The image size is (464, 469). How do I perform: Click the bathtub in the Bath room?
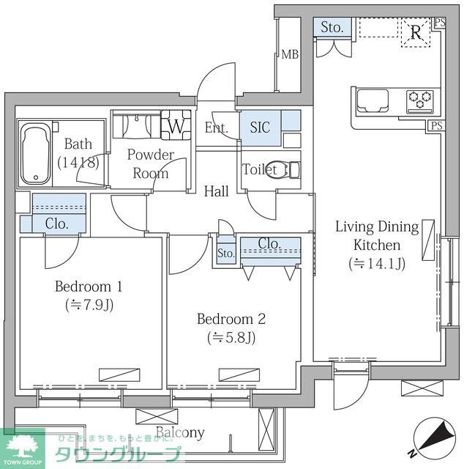[36, 154]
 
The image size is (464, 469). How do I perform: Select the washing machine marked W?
[176, 125]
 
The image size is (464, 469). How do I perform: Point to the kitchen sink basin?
[373, 100]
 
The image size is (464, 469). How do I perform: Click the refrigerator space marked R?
[416, 32]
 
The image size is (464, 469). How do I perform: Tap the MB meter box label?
[290, 54]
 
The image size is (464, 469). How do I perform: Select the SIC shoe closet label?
[260, 128]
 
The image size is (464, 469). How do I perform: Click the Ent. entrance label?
[217, 128]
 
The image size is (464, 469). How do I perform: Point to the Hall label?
[217, 191]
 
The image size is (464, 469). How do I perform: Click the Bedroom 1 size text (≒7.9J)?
[89, 305]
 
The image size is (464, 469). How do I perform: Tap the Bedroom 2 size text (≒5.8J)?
[231, 338]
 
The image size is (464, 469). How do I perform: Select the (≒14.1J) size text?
[377, 264]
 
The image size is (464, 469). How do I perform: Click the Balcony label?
[180, 432]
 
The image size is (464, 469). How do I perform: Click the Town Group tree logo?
[23, 448]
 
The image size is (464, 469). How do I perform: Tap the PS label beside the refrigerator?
[440, 23]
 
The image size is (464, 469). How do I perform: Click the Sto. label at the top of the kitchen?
[332, 28]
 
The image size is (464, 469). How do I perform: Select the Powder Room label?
[151, 164]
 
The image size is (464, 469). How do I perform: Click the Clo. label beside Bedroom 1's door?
[57, 224]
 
